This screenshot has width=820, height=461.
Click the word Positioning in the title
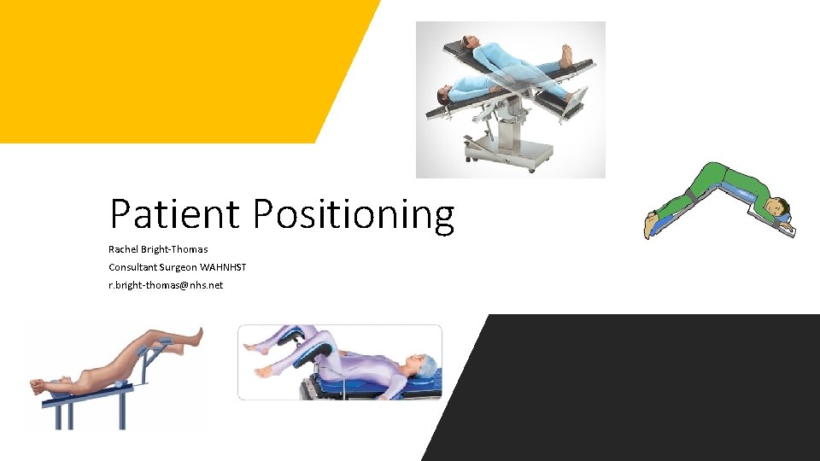click(353, 215)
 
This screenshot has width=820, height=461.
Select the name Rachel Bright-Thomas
click(158, 249)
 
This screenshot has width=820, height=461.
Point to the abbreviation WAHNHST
click(223, 267)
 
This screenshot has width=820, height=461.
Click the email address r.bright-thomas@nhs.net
click(166, 285)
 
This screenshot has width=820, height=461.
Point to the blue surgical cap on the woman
click(428, 366)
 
